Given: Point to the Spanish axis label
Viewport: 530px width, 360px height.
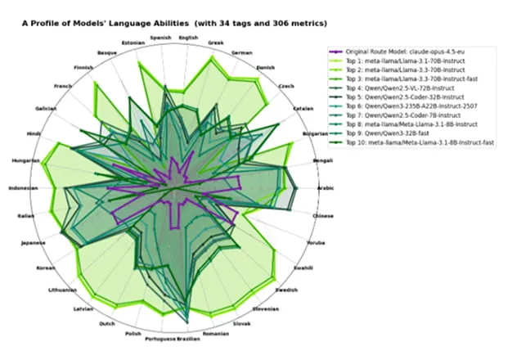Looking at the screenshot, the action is click(160, 38).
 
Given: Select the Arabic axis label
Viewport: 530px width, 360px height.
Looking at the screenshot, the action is click(326, 187).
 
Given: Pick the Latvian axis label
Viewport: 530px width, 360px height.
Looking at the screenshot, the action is click(83, 308).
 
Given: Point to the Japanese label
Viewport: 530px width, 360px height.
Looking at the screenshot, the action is click(33, 243).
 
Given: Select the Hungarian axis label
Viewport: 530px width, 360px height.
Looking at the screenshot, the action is click(26, 160).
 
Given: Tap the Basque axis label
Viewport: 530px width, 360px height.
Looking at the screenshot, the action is click(107, 52).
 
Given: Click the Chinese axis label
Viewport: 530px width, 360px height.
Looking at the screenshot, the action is click(323, 215).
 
